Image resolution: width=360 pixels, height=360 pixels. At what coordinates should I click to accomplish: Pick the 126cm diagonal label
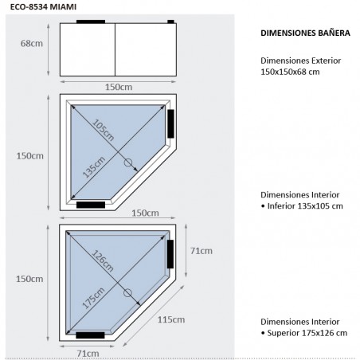pos(99,262)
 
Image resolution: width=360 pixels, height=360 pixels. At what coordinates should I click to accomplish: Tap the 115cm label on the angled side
pos(171,319)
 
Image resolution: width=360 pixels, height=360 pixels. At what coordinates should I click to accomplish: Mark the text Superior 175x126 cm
pos(303,332)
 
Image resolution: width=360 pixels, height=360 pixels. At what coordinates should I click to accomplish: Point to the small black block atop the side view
pos(170,21)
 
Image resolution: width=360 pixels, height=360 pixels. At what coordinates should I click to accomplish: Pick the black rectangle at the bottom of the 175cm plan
pos(90,335)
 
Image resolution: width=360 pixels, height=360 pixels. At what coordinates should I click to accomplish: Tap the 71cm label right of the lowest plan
pos(201,251)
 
